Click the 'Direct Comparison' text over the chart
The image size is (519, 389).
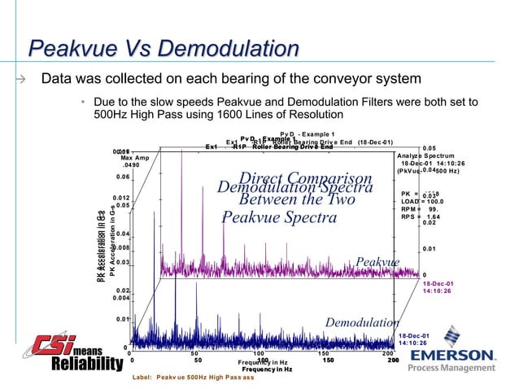(305, 179)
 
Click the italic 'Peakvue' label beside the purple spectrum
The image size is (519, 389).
(377, 262)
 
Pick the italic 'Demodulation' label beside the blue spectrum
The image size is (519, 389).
(360, 323)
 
